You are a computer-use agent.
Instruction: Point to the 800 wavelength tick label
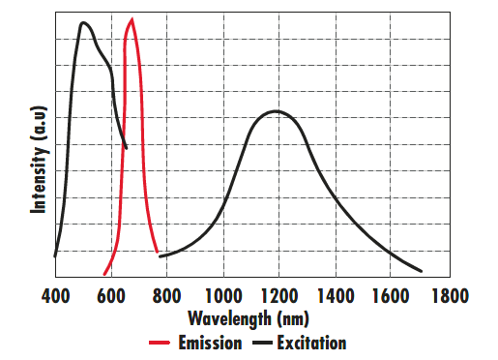[166, 295]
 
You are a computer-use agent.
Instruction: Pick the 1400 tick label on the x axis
[335, 295]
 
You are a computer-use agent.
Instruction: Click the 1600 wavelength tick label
[391, 295]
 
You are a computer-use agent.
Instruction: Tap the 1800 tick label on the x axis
[447, 295]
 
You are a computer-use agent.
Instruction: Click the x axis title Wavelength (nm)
[249, 317]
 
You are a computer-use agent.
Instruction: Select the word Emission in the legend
[209, 343]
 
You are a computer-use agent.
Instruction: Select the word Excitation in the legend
[310, 343]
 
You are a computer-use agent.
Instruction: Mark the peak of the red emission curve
[132, 19]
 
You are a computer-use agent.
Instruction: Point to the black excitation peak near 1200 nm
[277, 111]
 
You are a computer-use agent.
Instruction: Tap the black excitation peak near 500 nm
[84, 22]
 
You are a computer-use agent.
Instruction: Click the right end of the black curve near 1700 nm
[421, 272]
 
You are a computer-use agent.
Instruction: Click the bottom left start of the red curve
[104, 274]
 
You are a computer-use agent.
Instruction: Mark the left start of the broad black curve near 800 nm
[161, 256]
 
